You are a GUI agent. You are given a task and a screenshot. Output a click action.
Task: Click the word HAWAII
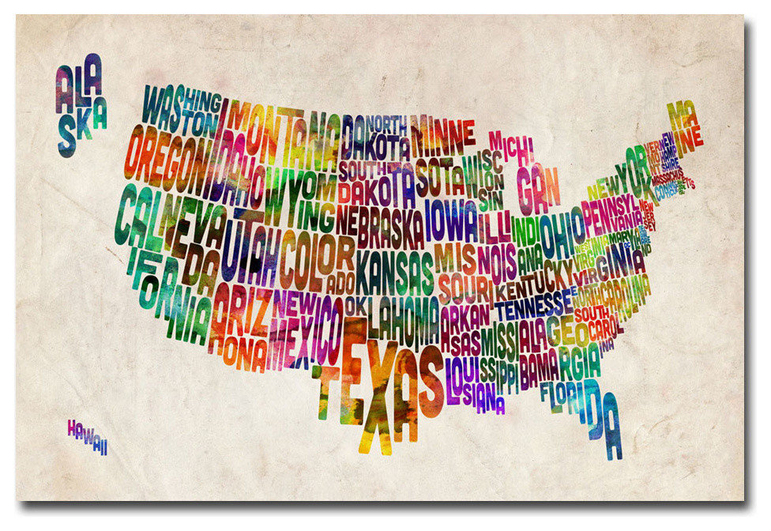click(x=87, y=435)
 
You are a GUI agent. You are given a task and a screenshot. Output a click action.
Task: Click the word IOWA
click(x=451, y=220)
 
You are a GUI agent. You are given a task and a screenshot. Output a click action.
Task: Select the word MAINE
click(x=684, y=126)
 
